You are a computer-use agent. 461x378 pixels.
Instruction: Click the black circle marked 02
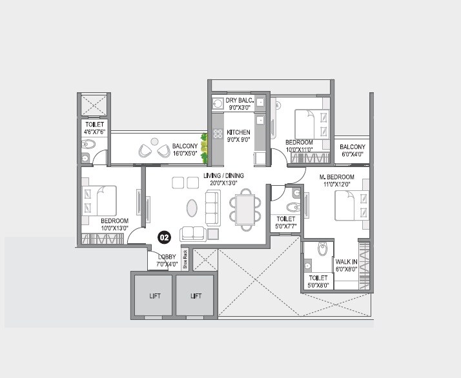(164, 237)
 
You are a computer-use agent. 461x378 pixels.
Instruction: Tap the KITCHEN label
(238, 132)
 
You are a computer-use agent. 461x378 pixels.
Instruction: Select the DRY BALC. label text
(238, 101)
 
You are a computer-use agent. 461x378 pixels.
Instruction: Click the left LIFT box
(153, 295)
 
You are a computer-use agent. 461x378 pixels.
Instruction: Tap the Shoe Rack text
(185, 257)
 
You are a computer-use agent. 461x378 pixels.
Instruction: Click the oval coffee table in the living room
(192, 208)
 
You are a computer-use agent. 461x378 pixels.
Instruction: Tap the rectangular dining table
(245, 208)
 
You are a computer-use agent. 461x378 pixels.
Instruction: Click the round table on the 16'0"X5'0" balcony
(154, 141)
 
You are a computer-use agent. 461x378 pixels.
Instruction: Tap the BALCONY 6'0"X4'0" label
(353, 150)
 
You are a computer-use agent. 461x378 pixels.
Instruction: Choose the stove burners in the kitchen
(217, 135)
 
